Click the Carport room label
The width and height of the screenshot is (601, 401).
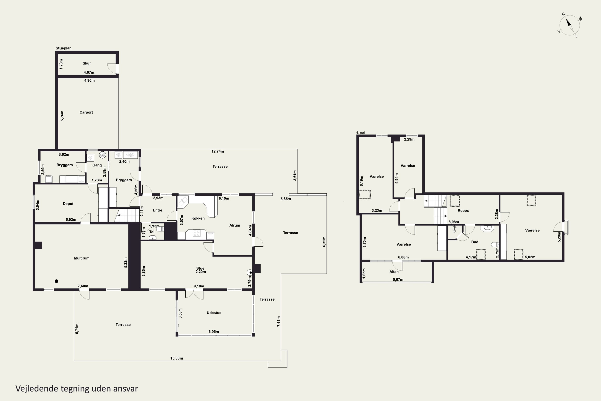tap(86, 112)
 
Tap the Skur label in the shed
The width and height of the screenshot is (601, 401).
tap(87, 63)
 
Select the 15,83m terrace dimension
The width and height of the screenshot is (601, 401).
tap(176, 358)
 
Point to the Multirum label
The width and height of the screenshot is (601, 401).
tap(82, 258)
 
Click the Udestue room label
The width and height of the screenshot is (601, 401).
tap(214, 313)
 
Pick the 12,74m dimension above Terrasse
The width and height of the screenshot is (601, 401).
tap(217, 151)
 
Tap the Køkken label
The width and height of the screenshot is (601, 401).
tap(198, 218)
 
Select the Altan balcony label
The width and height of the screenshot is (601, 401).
tap(394, 272)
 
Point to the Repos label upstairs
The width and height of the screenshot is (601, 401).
tap(463, 211)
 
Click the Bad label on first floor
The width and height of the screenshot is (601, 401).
tap(475, 242)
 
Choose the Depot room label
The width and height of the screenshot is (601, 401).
tap(68, 204)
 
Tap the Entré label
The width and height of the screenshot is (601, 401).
tap(157, 210)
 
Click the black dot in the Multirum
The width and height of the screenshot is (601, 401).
tap(57, 281)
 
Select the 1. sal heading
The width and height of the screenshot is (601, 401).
tap(361, 133)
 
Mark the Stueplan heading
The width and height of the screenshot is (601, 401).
tap(64, 48)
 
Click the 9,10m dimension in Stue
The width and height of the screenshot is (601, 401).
tap(199, 286)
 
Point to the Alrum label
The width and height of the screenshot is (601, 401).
tap(235, 225)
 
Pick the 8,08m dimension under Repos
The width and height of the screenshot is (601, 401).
tap(454, 222)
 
